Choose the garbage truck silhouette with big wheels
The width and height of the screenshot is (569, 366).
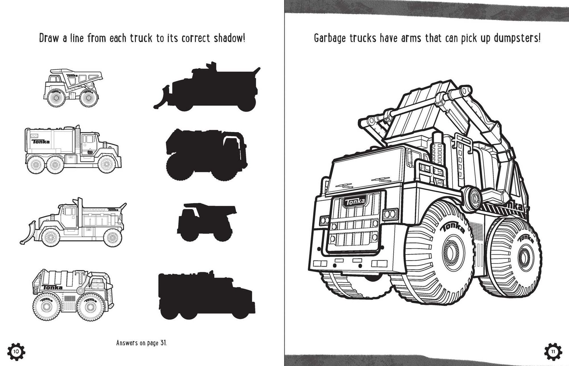[x=206, y=155]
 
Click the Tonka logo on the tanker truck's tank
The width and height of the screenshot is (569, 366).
[x=41, y=141]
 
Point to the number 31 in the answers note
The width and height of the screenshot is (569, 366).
[x=163, y=343]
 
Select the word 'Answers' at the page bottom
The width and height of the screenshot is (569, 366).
[x=127, y=343]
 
